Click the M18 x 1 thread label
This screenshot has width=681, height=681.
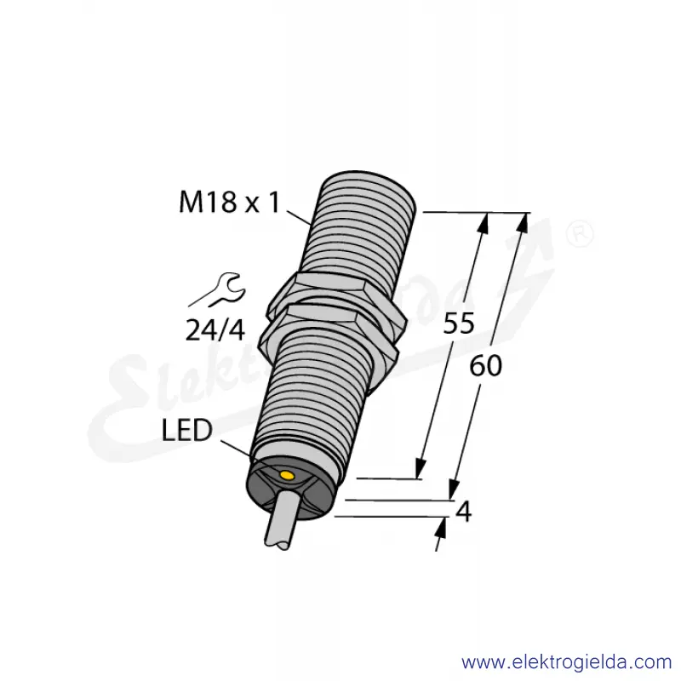coord(230,203)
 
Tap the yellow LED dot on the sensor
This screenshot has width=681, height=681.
coord(287,476)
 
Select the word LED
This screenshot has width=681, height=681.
coord(186,430)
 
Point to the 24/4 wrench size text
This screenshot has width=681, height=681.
coord(215,330)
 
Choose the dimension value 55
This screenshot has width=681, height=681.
coord(459,323)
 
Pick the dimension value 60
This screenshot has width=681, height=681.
coord(485,365)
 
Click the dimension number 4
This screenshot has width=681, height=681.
coord(464,512)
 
